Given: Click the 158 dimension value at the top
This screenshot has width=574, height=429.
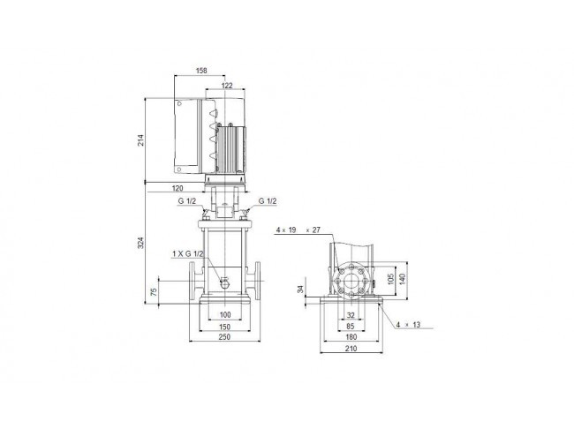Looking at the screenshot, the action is [201, 71].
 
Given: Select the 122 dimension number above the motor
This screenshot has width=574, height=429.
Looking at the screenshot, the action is [227, 86].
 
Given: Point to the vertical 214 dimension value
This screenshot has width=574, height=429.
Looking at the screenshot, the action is [140, 140].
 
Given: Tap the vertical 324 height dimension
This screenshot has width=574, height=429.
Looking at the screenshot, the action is [140, 243].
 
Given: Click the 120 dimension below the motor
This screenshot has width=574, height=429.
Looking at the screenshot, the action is [177, 189].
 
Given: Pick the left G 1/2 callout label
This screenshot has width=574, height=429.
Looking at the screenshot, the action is [187, 201].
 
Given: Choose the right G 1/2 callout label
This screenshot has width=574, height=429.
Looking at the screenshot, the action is [268, 201].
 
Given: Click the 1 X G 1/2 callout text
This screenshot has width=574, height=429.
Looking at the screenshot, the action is [187, 253].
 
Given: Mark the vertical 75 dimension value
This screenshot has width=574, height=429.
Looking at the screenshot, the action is [154, 291].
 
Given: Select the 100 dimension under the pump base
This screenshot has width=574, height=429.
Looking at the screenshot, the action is [225, 314].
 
